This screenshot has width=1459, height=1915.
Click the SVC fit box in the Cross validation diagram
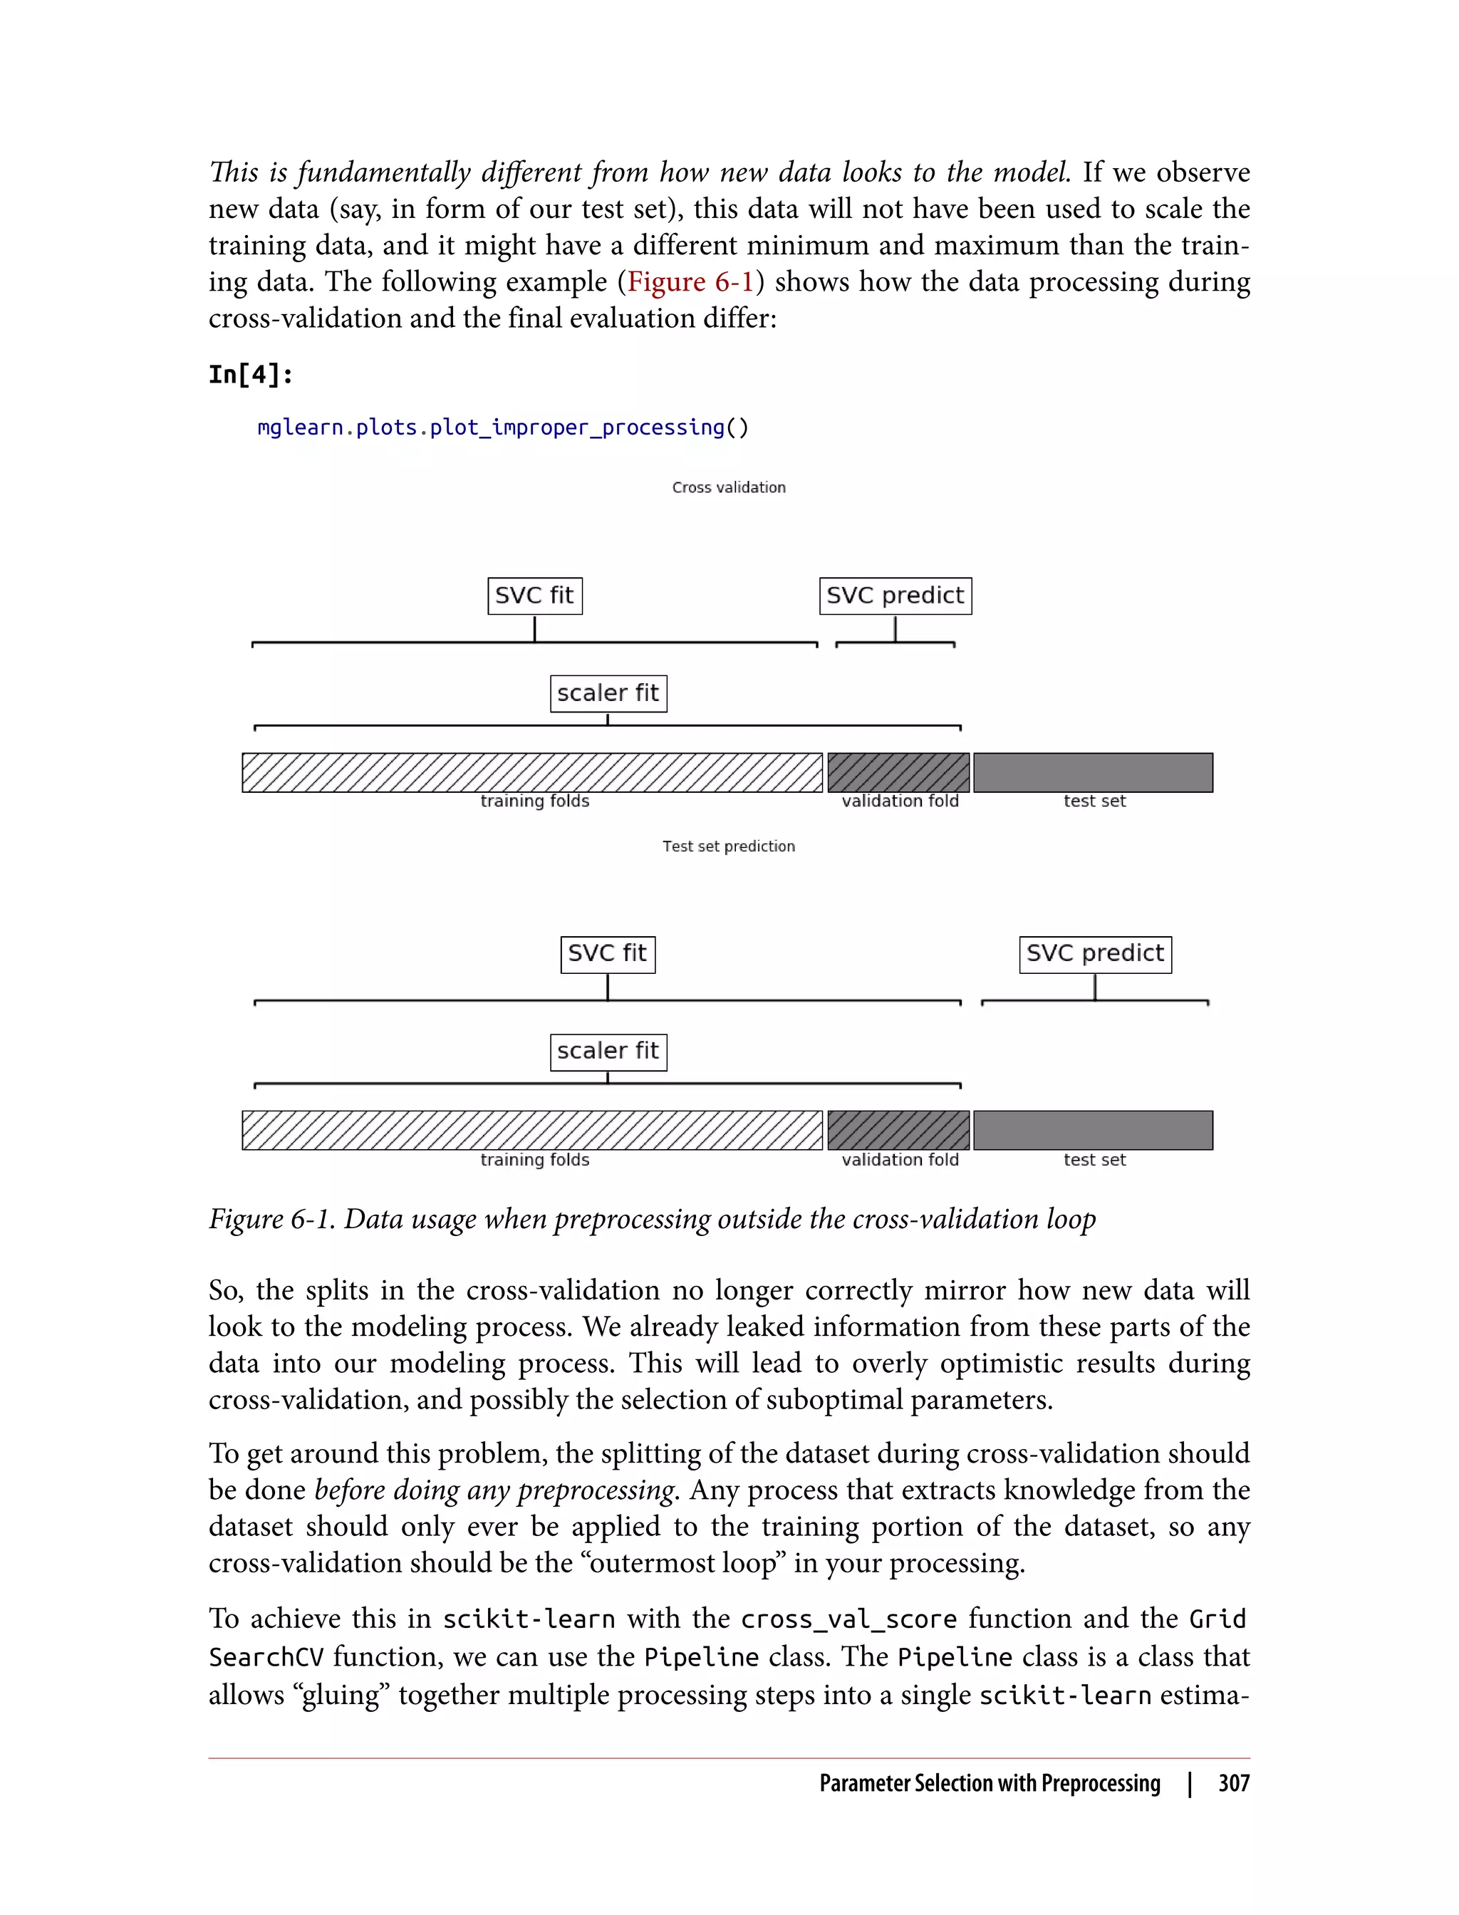[534, 596]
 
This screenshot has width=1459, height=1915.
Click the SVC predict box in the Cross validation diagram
[895, 596]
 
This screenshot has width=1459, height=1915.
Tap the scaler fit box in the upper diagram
[608, 693]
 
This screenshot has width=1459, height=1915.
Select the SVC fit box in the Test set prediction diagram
[607, 954]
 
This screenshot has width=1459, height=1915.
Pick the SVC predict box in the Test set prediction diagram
[1094, 954]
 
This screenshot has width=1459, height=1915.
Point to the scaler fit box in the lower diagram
[608, 1051]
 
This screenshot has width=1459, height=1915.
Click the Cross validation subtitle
[729, 487]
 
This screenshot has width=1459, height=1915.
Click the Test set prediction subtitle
[729, 846]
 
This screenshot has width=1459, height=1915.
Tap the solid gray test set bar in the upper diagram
[1093, 772]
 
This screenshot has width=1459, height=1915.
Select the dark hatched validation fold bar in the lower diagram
[898, 1130]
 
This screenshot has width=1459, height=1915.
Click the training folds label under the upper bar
[535, 801]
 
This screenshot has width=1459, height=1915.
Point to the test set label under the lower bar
[1094, 1159]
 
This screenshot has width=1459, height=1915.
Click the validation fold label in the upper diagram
[900, 801]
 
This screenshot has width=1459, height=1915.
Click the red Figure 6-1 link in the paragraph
[690, 281]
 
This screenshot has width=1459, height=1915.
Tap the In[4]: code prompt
[251, 374]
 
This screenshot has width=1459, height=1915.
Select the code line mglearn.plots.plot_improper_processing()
[502, 427]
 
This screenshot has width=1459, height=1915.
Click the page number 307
[1233, 1783]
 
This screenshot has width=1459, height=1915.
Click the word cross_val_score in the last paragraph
[848, 1619]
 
